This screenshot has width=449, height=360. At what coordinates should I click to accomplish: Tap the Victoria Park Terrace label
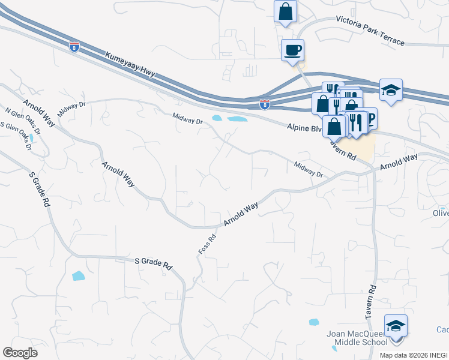coord(370,30)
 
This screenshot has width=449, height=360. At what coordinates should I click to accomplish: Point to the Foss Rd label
coord(206,243)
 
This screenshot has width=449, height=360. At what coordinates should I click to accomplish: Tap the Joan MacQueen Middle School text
coord(357,338)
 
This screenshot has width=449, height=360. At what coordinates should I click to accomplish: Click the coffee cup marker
coord(292,50)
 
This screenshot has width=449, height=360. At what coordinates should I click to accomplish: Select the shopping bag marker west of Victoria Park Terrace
coord(286,12)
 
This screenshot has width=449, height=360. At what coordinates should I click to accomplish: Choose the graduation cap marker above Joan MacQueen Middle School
coord(396,327)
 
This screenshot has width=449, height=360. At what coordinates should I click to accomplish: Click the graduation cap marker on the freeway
coord(391,91)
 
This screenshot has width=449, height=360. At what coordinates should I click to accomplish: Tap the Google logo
coord(20,353)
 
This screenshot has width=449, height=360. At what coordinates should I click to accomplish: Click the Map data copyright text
coord(414,355)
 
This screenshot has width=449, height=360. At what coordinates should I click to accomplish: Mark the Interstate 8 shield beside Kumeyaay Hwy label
coord(74,47)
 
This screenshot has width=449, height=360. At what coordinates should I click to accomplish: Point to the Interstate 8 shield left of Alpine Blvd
coord(265,105)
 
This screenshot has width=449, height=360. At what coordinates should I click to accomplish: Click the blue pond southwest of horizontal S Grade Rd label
coord(78,276)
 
